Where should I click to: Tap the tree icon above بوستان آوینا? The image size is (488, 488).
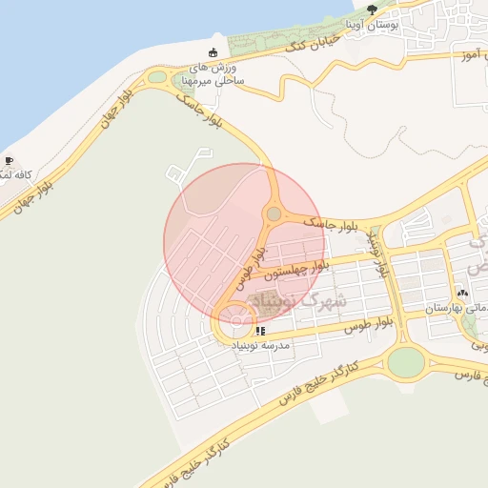click(372, 10)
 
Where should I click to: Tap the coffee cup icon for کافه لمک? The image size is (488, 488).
click(9, 161)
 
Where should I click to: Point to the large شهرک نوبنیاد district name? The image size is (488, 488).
click(305, 303)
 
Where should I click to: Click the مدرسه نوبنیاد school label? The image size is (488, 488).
click(260, 344)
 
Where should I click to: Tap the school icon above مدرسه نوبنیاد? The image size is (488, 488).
click(259, 330)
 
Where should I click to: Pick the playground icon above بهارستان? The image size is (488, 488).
click(462, 294)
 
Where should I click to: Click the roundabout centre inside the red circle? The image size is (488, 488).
click(274, 214)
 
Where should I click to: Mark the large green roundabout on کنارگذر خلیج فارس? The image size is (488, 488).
click(405, 361)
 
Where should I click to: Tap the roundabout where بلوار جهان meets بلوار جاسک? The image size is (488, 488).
click(157, 77)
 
